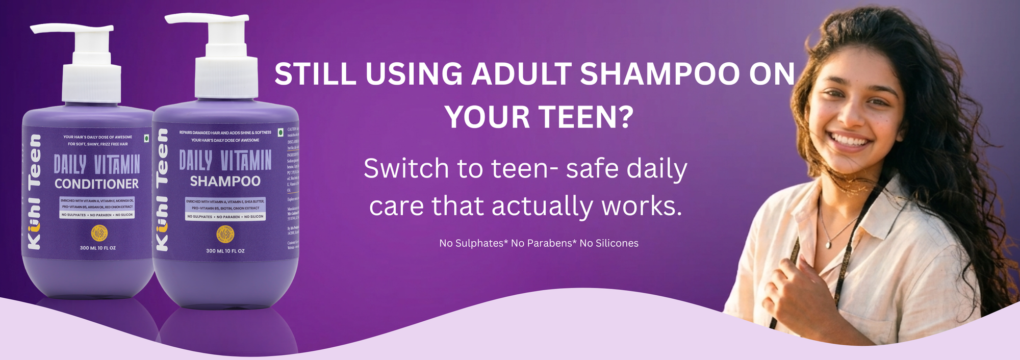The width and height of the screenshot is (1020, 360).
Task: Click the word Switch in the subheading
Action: [406, 169]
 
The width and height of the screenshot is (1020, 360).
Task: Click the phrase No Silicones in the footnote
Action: [609, 243]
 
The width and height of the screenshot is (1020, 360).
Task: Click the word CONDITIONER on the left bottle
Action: [96, 184]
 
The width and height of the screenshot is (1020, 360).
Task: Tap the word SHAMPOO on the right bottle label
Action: [225, 181]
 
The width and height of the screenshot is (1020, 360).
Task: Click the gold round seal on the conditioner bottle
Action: [99, 233]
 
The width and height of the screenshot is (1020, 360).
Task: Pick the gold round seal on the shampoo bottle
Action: [225, 235]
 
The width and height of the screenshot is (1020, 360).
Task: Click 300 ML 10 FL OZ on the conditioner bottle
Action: [97, 248]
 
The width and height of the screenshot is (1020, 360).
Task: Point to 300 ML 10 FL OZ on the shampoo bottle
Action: [225, 251]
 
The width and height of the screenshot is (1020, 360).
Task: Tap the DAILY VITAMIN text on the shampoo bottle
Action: [225, 160]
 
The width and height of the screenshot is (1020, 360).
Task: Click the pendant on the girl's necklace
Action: [828, 245]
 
